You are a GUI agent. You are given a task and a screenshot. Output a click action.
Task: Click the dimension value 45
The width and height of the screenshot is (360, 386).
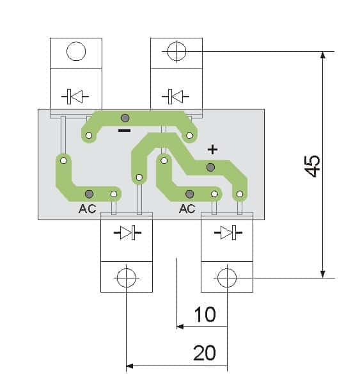312,166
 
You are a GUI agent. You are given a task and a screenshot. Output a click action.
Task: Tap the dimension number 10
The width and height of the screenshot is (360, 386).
205,314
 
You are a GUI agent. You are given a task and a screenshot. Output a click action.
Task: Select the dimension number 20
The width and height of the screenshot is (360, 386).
205,353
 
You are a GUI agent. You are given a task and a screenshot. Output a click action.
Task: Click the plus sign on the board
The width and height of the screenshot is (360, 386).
213,149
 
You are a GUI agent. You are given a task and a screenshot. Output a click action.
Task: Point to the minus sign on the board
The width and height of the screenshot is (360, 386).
125,131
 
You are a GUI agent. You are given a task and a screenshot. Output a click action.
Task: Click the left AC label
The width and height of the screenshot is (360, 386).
88,209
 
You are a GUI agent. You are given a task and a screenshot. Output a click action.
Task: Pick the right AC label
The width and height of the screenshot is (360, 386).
187,209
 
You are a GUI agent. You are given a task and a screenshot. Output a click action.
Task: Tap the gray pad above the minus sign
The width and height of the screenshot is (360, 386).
125,118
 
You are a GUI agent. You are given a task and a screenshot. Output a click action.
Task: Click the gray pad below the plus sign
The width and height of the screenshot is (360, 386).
210,168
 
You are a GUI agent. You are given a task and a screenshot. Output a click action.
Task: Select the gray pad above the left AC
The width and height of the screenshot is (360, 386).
89,194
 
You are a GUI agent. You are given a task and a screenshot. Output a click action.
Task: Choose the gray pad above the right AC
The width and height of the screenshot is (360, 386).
189,194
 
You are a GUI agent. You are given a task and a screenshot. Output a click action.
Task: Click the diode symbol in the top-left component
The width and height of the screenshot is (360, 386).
75,97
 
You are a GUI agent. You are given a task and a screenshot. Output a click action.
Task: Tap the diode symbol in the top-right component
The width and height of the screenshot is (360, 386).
175,97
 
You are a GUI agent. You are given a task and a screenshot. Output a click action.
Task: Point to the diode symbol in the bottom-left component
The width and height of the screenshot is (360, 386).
127,232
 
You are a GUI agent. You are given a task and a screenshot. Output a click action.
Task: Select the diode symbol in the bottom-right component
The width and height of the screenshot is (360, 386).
228,232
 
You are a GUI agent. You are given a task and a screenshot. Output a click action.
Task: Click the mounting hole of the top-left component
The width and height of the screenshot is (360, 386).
76,51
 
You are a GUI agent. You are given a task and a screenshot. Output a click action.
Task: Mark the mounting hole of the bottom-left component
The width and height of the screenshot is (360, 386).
127,278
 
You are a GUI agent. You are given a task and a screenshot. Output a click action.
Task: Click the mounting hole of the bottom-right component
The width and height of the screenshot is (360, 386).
227,278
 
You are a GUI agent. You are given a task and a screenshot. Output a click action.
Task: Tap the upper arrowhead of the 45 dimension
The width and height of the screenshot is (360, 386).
323,55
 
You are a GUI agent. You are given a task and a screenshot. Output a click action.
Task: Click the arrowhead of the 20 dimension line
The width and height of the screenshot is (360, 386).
130,366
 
